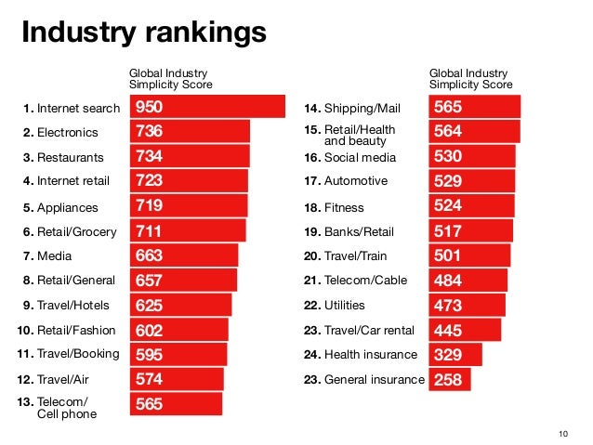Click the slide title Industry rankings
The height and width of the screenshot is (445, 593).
[x=144, y=33]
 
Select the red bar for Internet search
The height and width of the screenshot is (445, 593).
[x=207, y=107]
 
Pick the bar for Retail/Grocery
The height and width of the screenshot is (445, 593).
[x=187, y=230]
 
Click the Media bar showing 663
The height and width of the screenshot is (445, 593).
[x=183, y=255]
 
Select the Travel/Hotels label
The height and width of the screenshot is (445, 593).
[x=65, y=305]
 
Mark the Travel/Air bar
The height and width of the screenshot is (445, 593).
[x=177, y=379]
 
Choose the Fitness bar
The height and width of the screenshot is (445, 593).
[x=471, y=205]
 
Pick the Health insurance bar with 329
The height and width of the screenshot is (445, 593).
[x=455, y=354]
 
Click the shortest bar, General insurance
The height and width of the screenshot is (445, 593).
[x=450, y=379]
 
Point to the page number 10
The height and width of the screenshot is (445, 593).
[x=561, y=434]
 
